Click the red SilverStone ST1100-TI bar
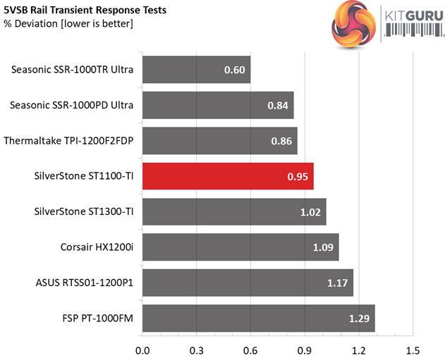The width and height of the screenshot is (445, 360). click(228, 176)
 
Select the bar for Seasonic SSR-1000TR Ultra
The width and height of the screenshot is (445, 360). click(196, 70)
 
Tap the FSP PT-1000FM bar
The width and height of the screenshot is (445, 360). click(258, 318)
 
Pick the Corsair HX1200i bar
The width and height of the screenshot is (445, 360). click(240, 247)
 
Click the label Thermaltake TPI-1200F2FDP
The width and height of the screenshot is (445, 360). click(69, 141)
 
